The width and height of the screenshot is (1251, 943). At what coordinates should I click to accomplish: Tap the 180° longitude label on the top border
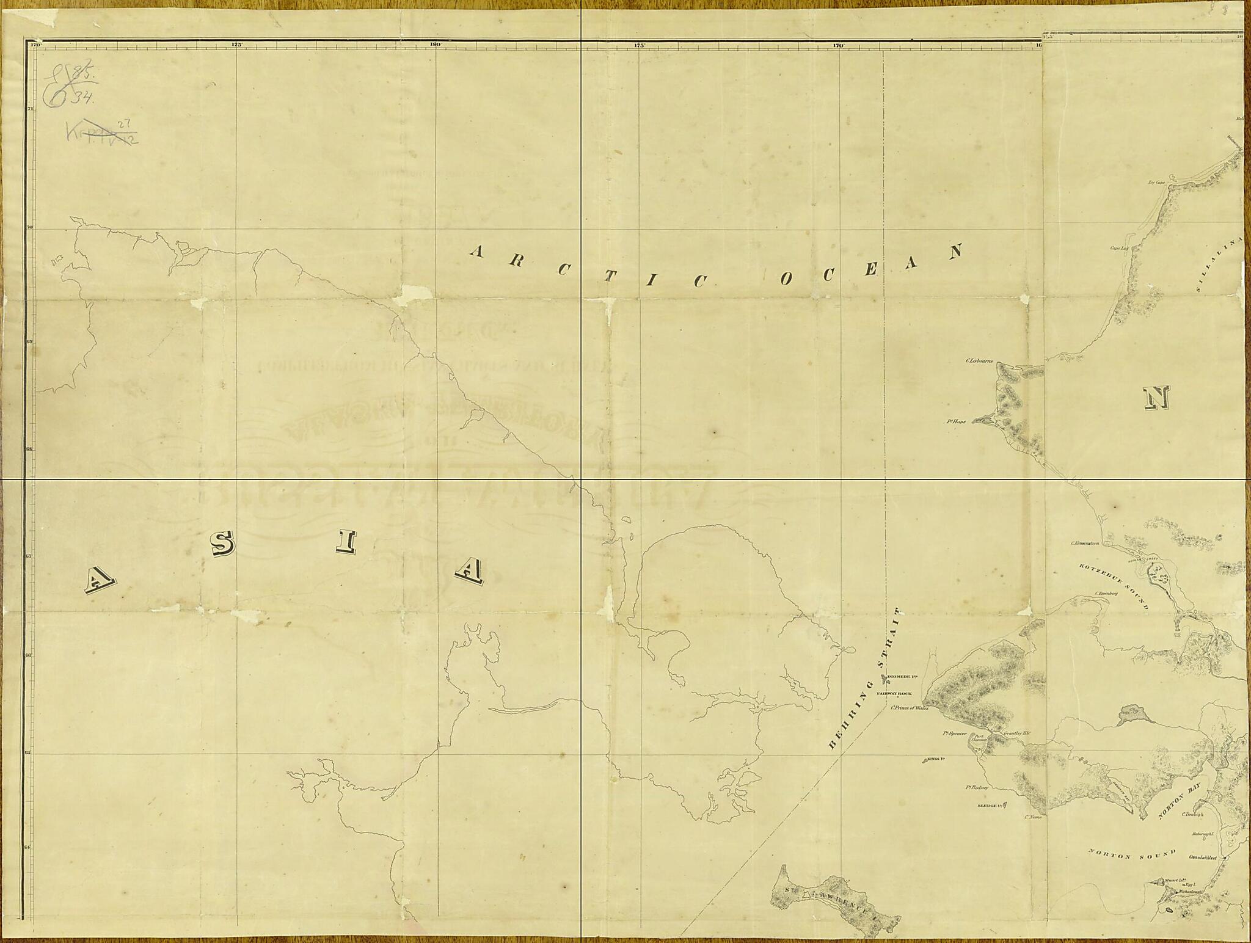point(435,45)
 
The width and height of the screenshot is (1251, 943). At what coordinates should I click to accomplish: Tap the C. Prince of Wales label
point(910,708)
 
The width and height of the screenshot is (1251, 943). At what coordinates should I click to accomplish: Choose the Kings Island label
point(936,759)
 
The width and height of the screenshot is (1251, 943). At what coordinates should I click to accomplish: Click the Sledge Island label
point(990,806)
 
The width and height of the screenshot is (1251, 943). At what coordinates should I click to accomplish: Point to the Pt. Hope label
point(956,421)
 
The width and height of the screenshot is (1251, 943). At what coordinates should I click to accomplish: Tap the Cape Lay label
point(1119,248)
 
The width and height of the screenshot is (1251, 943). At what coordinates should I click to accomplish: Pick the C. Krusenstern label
point(1085,542)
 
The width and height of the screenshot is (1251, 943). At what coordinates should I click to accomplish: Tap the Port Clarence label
point(979,738)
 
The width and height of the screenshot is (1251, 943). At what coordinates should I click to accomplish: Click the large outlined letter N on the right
point(1156,398)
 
